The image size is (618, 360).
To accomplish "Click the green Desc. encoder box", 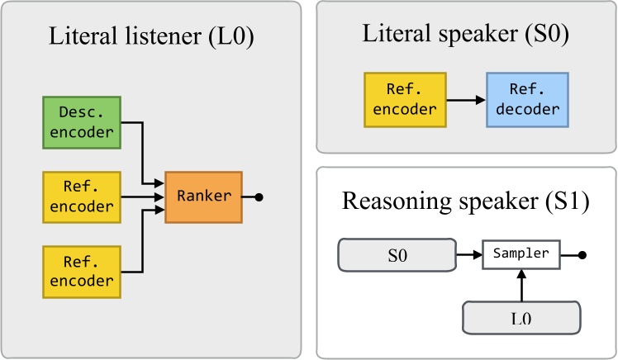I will [82, 123].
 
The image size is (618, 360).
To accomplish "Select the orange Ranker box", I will [203, 197].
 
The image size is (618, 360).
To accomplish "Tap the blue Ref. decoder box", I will [527, 100].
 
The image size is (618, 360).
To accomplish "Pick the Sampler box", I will [521, 254].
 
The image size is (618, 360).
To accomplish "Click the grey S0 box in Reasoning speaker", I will [397, 255].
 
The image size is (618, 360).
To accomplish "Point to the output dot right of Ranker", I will [259, 197].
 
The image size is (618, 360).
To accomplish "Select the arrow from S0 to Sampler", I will [468, 255].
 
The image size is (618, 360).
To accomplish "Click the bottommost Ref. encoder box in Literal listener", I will [82, 272].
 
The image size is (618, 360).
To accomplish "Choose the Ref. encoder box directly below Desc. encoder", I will [82, 197].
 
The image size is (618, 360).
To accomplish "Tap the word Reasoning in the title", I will [400, 202].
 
